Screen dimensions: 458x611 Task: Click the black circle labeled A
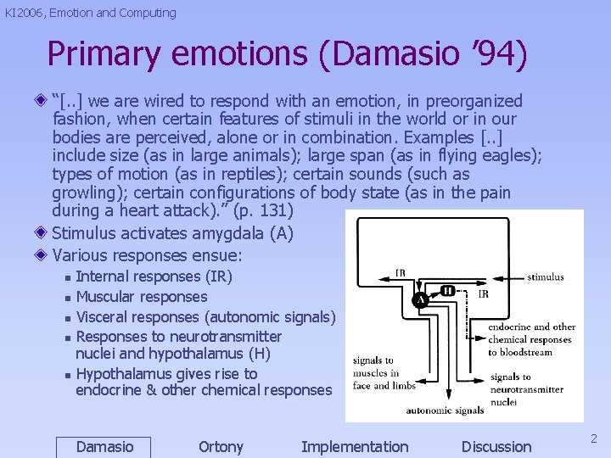point(419,300)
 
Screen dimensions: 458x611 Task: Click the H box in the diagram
point(446,290)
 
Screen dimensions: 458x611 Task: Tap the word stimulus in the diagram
point(545,276)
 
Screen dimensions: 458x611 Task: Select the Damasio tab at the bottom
point(104,447)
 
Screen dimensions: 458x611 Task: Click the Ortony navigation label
point(221,447)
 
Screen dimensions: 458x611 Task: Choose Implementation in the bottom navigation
point(355,447)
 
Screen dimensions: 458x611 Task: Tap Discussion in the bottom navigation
point(496,447)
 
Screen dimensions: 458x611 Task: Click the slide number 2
point(594,438)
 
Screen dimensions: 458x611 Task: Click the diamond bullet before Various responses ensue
point(42,254)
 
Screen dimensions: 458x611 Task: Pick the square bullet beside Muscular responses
point(68,298)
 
